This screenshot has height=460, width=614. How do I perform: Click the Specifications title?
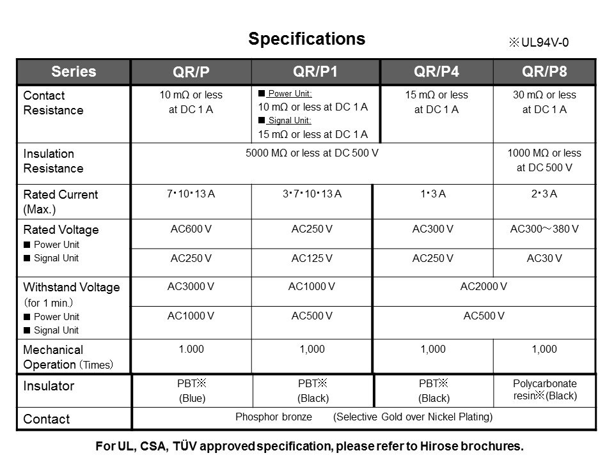[306, 39]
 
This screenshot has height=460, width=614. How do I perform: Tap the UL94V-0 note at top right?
[539, 43]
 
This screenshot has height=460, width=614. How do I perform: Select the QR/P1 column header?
[315, 70]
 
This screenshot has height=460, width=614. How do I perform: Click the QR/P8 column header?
[544, 70]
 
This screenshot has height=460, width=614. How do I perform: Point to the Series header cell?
[75, 71]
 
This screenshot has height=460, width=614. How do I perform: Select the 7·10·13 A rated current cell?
[191, 194]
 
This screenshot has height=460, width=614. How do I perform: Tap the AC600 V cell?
[191, 229]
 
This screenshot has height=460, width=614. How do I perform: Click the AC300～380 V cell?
[544, 229]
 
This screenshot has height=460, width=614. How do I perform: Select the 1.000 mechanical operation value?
[191, 349]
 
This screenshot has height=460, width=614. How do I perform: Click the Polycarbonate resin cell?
[544, 389]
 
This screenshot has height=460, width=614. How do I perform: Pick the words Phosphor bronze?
[273, 418]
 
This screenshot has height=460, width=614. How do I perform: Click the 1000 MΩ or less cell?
[544, 160]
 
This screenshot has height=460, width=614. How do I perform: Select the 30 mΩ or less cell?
[544, 102]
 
